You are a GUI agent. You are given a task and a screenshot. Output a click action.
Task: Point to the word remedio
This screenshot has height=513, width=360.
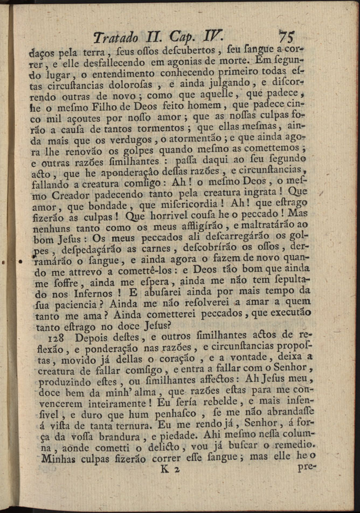294,442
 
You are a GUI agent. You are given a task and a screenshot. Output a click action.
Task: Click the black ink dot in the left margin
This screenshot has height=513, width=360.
20,262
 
